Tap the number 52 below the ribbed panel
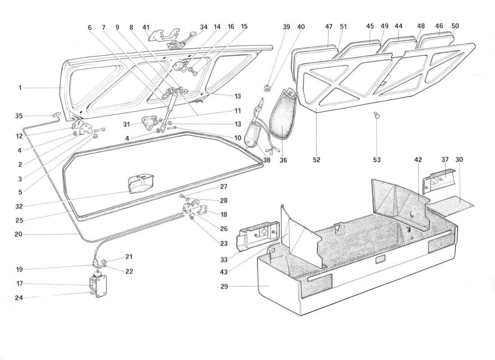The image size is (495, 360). point(316,160)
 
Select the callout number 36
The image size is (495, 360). point(283,160)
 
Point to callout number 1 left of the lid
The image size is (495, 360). point(20,88)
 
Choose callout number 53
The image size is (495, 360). point(377,160)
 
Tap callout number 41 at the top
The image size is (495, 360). point(145,27)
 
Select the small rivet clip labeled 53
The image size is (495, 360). point(377,117)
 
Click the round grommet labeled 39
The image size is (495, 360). point(267,85)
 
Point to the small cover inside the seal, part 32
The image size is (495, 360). point(141,183)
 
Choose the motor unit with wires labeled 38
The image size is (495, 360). point(254,135)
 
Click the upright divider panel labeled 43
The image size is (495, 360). point(299,238)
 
